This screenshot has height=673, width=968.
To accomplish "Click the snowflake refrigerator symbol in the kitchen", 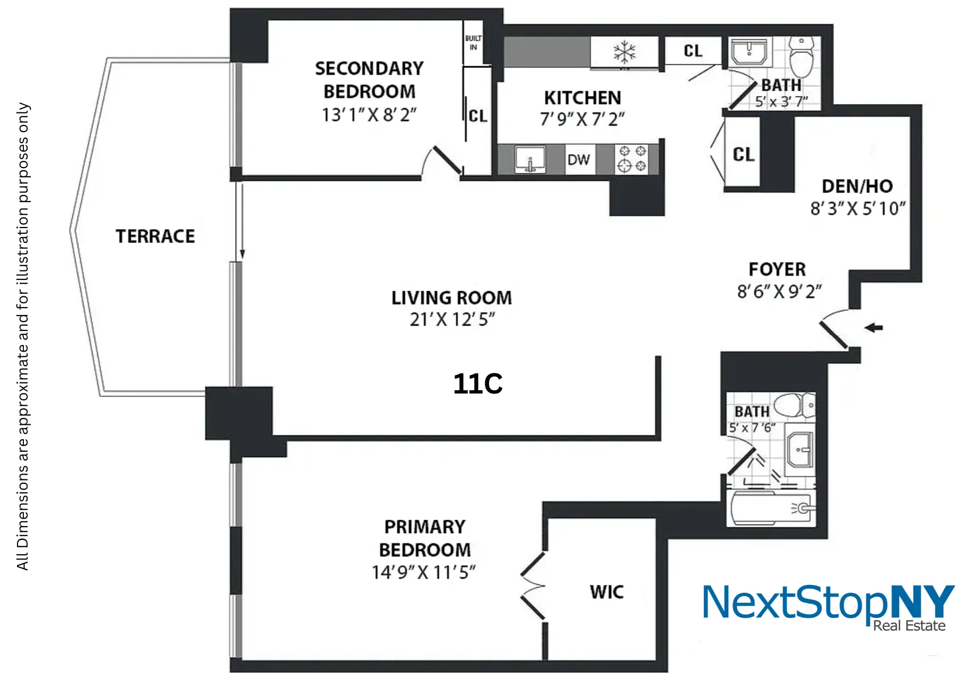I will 624,52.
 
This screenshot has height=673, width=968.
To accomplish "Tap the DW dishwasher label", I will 578,160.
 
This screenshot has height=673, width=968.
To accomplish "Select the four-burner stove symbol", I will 633,159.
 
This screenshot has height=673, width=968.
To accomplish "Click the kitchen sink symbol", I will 530,160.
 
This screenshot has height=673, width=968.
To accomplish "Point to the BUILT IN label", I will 473,42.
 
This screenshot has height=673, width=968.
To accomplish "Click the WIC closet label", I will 607,592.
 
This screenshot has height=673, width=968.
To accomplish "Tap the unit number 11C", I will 478,383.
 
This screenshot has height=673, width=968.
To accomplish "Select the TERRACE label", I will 155,236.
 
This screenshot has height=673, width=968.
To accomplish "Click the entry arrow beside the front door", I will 874,327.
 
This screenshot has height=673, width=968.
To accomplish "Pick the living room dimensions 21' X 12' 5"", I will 452,320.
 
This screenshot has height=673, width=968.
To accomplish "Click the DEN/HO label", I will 857,186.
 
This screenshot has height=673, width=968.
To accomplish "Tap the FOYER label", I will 777,269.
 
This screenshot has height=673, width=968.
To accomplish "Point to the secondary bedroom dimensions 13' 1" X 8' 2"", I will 369,115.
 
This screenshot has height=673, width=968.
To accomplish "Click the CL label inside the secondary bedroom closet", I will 477,116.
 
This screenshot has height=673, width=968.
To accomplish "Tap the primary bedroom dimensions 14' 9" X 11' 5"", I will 424,573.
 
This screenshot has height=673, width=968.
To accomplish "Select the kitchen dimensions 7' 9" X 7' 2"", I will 582,119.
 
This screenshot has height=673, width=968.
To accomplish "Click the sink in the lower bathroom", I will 799,450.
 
